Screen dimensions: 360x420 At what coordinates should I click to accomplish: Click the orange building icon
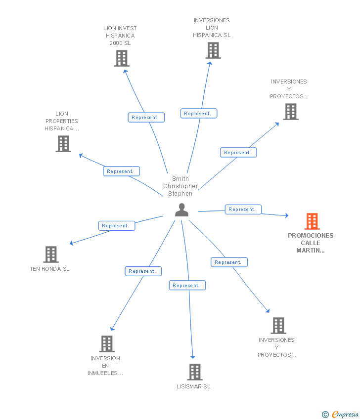(312, 221)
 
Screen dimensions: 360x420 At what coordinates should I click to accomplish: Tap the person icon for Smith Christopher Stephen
(182, 210)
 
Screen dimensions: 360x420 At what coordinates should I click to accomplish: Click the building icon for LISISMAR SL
(195, 372)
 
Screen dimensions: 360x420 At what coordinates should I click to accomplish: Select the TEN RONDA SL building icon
(51, 254)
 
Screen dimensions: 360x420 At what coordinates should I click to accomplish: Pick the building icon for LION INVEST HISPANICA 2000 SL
(122, 58)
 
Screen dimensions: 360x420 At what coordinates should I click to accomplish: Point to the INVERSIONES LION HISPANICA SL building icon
(213, 50)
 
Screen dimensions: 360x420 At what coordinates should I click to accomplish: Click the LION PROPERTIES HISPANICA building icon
(63, 144)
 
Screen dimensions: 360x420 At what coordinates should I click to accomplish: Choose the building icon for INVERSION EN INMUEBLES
(107, 344)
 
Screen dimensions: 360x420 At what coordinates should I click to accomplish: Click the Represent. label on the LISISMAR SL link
(187, 285)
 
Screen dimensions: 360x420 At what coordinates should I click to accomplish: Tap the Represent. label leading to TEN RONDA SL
(117, 226)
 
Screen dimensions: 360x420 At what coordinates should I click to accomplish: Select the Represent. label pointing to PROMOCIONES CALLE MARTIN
(243, 210)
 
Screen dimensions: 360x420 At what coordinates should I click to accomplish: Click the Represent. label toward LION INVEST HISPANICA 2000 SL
(146, 118)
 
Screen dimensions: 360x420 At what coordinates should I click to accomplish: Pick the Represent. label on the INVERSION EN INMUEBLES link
(143, 271)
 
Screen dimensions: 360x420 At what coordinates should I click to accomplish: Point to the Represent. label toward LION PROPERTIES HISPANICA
(122, 171)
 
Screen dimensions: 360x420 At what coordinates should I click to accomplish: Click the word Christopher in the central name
(180, 186)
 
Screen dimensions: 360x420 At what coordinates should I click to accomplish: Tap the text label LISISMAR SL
(193, 386)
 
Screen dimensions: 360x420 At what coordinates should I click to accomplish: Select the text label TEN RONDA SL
(49, 269)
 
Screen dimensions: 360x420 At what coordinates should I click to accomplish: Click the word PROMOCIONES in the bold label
(311, 236)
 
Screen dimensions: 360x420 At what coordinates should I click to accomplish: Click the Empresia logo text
(345, 415)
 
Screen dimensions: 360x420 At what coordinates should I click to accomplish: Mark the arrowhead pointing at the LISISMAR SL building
(193, 357)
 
